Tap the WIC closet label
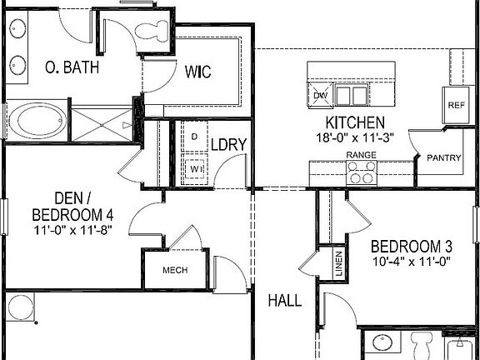coord(197,72)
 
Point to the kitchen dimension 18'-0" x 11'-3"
coord(354,138)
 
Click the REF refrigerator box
coord(456,105)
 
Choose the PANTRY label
coord(444,157)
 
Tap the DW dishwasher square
coord(321,95)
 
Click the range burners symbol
coord(361,172)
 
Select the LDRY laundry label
coord(228,144)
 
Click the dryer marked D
coord(194,136)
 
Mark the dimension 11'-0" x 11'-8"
coord(73,229)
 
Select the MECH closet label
coord(174,270)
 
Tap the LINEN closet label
coord(338,263)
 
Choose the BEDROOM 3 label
coord(411,247)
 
